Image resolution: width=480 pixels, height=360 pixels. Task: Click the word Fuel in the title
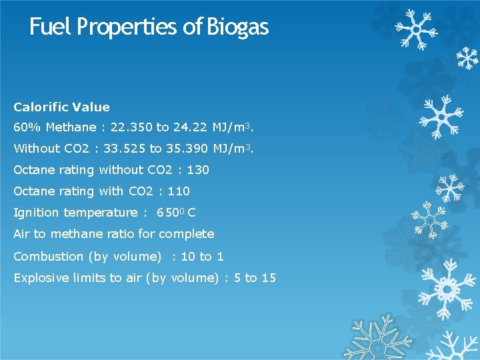(51, 27)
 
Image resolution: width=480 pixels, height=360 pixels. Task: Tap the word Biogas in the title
(237, 27)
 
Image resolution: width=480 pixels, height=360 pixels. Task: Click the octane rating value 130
(198, 170)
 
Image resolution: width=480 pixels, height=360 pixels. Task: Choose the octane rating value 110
(179, 191)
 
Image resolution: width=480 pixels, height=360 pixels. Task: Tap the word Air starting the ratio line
(21, 234)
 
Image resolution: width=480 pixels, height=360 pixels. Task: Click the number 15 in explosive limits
(269, 278)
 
